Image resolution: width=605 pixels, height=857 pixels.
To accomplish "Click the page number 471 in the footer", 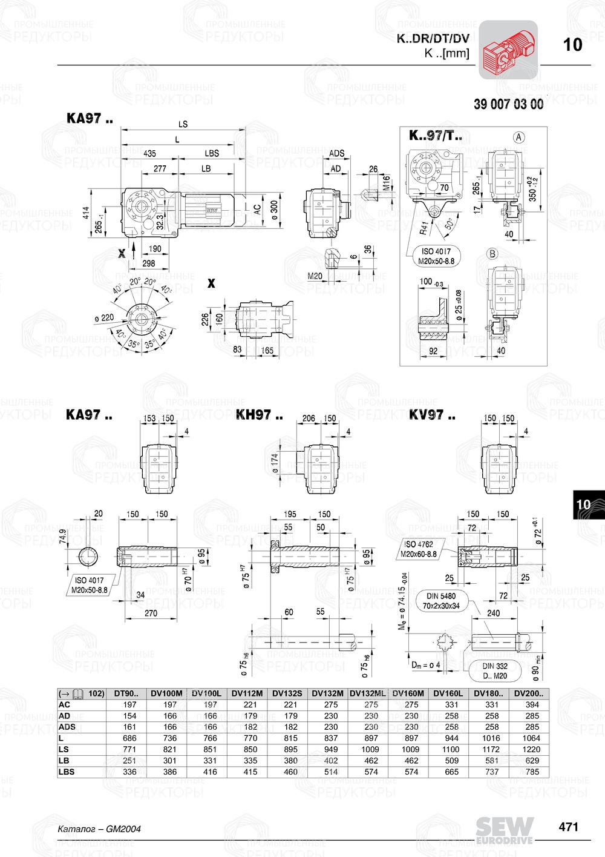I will [568, 827].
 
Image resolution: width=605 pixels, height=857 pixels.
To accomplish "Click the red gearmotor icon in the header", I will [508, 50].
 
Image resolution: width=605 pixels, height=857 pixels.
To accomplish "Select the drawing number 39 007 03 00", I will [508, 104].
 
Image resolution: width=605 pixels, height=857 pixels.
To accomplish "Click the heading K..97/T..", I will [435, 135].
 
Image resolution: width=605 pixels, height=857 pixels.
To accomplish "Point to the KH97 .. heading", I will [259, 415].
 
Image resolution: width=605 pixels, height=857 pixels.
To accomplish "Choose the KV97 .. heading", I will [432, 415].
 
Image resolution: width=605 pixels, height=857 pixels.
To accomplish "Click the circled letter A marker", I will [518, 137].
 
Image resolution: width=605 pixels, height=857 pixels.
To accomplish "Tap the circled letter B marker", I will [492, 254].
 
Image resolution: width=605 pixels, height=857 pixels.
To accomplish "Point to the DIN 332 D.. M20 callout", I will [495, 670].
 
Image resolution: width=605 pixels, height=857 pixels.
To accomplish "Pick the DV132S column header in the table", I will [287, 693].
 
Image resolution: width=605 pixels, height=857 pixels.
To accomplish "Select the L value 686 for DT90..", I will [129, 738].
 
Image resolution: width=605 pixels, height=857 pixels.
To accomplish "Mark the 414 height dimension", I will [87, 213].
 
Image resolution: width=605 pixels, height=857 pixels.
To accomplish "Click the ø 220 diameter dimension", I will [104, 317].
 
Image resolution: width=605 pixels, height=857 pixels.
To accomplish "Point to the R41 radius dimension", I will [424, 228].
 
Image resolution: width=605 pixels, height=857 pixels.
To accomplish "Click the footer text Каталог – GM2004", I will [99, 829].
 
